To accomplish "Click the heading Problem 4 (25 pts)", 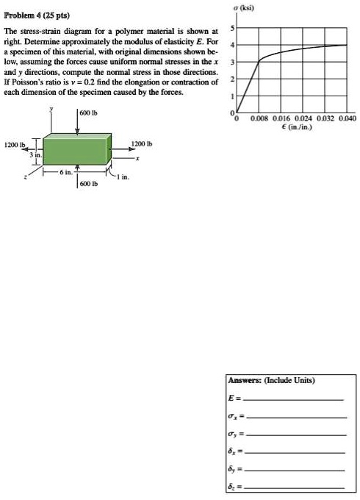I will pos(35,16).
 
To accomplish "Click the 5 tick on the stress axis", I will pos(233,28).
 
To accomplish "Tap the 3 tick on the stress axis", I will pos(233,62).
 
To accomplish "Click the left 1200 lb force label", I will pos(15,145).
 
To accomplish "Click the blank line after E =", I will pos(294,399).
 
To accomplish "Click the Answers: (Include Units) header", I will pos(271,380).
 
